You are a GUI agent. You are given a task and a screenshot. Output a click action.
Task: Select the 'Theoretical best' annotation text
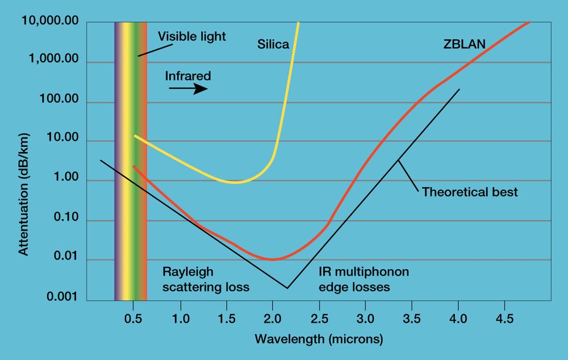click(x=470, y=192)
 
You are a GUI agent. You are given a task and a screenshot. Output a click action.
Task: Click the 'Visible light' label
click(x=191, y=37)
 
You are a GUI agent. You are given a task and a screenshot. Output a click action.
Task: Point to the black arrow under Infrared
click(x=189, y=89)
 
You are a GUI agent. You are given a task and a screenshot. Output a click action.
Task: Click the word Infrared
click(x=188, y=76)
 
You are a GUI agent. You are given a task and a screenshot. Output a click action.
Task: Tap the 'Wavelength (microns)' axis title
click(x=319, y=340)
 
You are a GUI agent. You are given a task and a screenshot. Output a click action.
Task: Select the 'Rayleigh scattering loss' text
click(x=206, y=279)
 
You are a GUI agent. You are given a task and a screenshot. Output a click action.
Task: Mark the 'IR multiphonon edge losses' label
click(x=364, y=279)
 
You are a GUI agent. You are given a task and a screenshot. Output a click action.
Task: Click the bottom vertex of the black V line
click(x=287, y=288)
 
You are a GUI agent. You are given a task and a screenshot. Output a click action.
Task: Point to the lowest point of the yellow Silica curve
click(x=235, y=182)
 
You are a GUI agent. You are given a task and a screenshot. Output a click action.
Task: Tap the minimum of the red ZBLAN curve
click(x=273, y=259)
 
